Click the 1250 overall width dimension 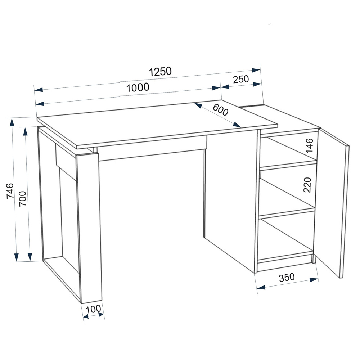point(160,72)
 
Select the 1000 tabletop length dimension point(138,87)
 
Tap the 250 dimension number point(241,79)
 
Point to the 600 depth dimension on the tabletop point(220,110)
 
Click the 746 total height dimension point(10,191)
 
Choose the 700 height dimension point(23,198)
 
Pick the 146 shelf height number point(310,145)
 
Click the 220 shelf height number point(307,185)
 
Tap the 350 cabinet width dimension point(287,277)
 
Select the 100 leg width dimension point(93,309)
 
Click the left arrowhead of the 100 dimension point(86,317)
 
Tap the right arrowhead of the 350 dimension point(314,280)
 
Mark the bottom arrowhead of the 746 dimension point(16,257)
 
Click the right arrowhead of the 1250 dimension point(256,70)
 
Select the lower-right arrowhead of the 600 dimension point(237,125)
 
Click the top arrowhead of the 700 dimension point(26,131)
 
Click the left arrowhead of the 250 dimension point(225,87)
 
